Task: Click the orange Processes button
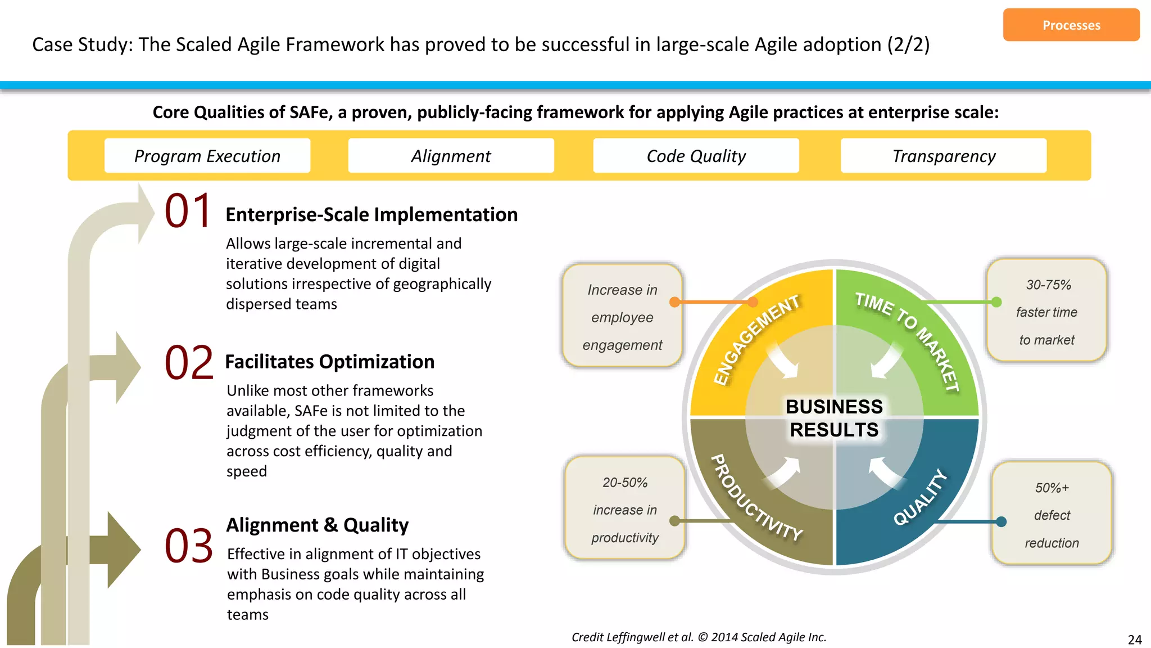pyautogui.click(x=1071, y=25)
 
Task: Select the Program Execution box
pyautogui.click(x=207, y=156)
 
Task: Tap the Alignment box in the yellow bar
pyautogui.click(x=451, y=156)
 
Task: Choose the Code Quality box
pyautogui.click(x=696, y=156)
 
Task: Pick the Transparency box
pyautogui.click(x=943, y=156)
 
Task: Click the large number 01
pyautogui.click(x=188, y=211)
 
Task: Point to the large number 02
pyautogui.click(x=189, y=363)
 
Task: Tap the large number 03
pyautogui.click(x=189, y=546)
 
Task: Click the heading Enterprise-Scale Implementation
pyautogui.click(x=371, y=215)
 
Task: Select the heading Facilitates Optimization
pyautogui.click(x=329, y=362)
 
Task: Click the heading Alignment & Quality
pyautogui.click(x=317, y=525)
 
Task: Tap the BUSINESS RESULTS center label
pyautogui.click(x=834, y=418)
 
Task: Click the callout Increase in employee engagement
pyautogui.click(x=622, y=317)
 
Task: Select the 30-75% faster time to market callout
pyautogui.click(x=1046, y=312)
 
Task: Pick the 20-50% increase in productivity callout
pyautogui.click(x=624, y=509)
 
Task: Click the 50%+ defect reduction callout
pyautogui.click(x=1052, y=515)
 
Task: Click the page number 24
pyautogui.click(x=1134, y=640)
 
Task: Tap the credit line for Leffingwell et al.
pyautogui.click(x=699, y=637)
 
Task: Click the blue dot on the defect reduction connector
pyautogui.click(x=1001, y=521)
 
